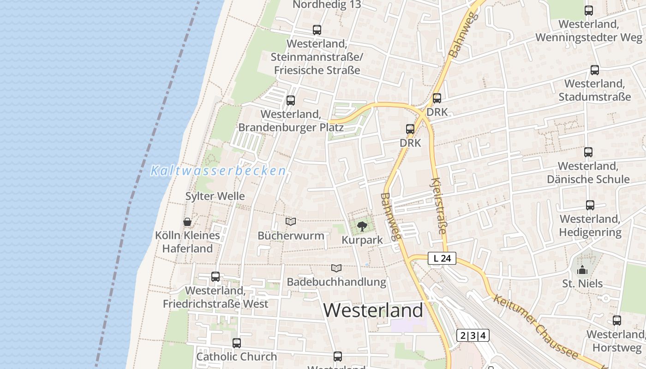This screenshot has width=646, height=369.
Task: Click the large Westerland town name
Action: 373,310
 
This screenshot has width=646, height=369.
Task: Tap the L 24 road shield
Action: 442,258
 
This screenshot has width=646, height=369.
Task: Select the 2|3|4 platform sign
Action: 473,335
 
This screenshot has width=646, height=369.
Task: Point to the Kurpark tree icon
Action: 362,226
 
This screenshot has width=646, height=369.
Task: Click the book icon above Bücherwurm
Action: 291,222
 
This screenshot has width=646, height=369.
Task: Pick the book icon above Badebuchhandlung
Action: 336,268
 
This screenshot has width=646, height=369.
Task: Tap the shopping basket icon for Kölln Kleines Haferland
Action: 187,222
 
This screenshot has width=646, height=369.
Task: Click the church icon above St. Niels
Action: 582,269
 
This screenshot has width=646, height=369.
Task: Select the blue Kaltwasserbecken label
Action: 218,171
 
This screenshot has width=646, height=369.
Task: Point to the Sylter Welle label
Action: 215,196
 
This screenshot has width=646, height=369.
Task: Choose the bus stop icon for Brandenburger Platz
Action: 291,100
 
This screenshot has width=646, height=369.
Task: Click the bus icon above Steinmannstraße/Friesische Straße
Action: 317,30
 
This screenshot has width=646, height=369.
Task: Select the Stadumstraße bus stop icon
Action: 595,70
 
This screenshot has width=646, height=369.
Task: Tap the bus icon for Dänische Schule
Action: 588,152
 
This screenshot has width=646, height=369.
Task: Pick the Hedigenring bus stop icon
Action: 590,205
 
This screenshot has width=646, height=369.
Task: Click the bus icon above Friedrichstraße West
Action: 215,277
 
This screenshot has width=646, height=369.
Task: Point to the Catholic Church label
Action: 237,357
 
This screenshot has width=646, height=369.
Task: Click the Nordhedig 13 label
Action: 327,5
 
